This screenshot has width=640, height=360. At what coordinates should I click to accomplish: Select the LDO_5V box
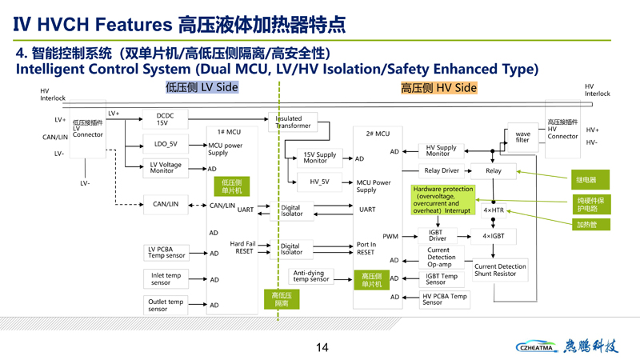click(166, 145)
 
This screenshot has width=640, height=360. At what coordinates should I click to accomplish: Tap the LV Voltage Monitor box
click(166, 168)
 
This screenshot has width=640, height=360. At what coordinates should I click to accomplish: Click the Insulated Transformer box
click(294, 122)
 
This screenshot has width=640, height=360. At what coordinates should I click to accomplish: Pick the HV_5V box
click(319, 182)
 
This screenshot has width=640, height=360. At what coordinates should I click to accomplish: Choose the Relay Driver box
click(442, 170)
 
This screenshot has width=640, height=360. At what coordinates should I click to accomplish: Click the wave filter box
click(522, 137)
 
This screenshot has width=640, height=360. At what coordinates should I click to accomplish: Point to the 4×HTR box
click(494, 210)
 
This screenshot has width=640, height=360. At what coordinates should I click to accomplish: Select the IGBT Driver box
click(438, 236)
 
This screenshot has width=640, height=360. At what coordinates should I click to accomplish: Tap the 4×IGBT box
click(494, 237)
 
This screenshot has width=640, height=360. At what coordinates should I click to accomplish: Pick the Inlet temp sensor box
click(166, 279)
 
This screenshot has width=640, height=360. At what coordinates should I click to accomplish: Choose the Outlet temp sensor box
click(166, 305)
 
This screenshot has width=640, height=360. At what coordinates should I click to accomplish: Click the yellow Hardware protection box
click(442, 200)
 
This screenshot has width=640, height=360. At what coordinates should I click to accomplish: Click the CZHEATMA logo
click(538, 347)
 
